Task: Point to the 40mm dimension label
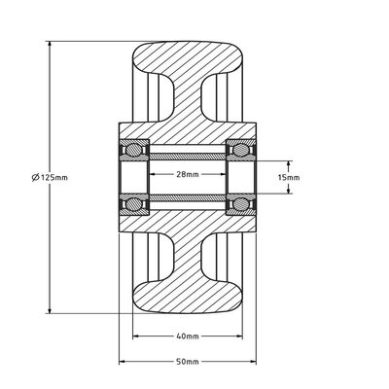point(189,336)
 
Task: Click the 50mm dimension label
point(189,361)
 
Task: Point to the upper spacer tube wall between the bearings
point(189,152)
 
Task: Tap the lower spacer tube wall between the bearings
point(189,202)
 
